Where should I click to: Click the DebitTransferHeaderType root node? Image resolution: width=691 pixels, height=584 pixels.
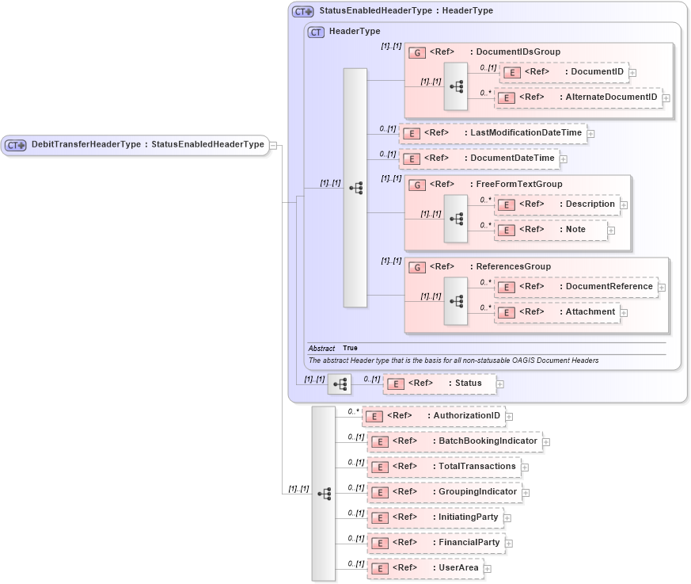[x=135, y=145]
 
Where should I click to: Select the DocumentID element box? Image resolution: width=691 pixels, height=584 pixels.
[x=562, y=72]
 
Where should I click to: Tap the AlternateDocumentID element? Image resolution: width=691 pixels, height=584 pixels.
[x=578, y=97]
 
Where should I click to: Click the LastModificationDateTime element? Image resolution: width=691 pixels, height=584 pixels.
[x=492, y=133]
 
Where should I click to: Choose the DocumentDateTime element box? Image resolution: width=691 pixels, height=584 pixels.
[x=478, y=158]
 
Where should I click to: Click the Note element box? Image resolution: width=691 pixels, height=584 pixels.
[x=551, y=230]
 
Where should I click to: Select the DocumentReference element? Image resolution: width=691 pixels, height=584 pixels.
[x=575, y=287]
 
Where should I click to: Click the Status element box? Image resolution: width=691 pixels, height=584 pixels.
[x=439, y=384]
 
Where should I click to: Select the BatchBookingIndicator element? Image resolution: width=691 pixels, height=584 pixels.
[x=454, y=441]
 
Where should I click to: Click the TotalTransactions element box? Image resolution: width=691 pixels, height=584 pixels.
[x=443, y=467]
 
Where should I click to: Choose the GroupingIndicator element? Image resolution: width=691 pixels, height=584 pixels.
[x=444, y=492]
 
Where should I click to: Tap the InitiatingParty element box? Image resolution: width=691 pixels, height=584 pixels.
[x=435, y=517]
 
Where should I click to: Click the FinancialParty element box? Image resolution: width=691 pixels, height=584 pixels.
[x=435, y=543]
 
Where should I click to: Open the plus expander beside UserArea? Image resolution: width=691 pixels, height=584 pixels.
[x=488, y=569]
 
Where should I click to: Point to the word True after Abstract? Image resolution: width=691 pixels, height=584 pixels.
[x=350, y=348]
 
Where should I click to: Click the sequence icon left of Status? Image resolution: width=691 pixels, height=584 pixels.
[x=340, y=384]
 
